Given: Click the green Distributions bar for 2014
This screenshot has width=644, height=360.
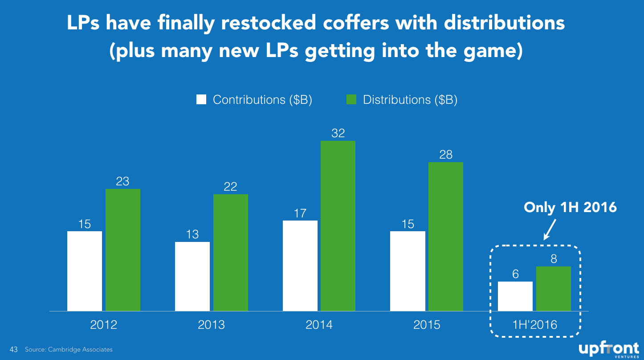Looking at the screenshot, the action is (338, 226).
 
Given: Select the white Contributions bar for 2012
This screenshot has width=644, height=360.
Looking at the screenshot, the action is (85, 271).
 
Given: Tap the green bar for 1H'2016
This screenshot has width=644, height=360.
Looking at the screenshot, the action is (554, 289).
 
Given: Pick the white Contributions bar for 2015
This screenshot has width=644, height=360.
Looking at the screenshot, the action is (408, 271).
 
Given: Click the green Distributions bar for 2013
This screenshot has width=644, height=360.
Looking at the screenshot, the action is (231, 253).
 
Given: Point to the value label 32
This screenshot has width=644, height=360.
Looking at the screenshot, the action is (338, 133).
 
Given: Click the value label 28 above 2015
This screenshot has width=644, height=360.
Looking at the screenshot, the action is (446, 155).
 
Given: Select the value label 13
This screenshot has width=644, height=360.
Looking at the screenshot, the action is (192, 234).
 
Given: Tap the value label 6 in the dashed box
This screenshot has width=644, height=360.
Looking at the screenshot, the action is (515, 274).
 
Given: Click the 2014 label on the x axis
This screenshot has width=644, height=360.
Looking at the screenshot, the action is (319, 325).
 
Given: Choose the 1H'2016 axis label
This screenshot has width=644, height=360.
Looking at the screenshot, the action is (535, 325).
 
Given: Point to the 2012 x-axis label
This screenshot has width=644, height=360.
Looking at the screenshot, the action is (103, 325).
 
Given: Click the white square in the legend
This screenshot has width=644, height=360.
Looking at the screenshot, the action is (201, 99).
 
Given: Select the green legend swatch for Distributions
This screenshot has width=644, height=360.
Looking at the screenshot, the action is (351, 99).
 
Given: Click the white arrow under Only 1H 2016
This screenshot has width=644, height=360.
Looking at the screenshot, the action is (550, 229).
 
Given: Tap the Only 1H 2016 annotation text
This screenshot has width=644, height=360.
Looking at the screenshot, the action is (570, 207).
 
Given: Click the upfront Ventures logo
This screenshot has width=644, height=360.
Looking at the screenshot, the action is (609, 349).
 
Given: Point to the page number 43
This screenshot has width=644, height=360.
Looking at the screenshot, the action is (13, 349).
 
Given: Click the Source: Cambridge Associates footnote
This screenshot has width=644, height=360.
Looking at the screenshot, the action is (69, 349).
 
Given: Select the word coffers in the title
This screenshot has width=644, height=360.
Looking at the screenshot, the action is (356, 23).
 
